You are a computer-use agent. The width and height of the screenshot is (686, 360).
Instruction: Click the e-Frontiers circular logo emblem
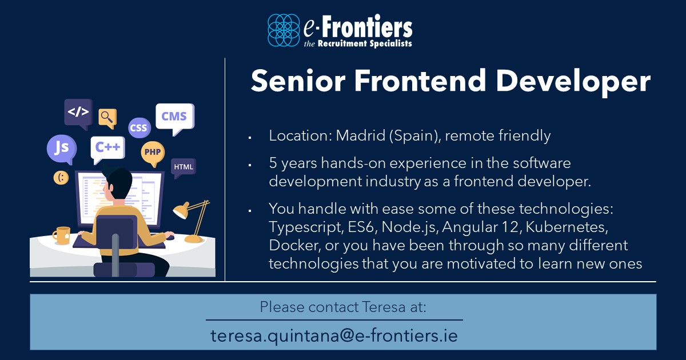pos(284,30)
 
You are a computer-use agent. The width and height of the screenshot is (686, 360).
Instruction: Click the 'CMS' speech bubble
pos(174,117)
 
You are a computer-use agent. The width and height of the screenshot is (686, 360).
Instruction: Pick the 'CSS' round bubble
pos(139,128)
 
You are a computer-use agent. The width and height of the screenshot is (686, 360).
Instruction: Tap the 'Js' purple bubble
pos(61,148)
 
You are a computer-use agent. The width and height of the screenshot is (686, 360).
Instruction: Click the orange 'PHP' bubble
pos(152,153)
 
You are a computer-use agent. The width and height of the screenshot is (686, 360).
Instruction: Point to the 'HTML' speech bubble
pos(184,167)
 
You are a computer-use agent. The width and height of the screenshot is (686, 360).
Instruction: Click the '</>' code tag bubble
pos(78,112)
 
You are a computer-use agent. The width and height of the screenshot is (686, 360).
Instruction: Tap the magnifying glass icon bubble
pos(107,117)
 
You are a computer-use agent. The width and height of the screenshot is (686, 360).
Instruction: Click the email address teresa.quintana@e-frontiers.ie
pos(334,335)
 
